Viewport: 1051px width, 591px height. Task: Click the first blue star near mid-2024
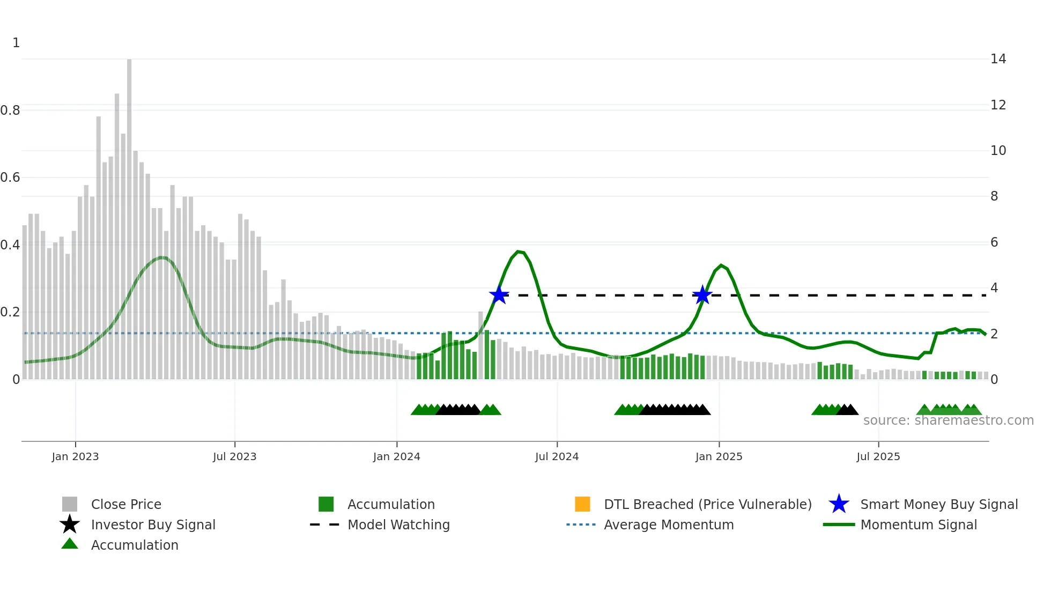tap(499, 295)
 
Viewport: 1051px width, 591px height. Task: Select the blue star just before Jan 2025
tap(702, 294)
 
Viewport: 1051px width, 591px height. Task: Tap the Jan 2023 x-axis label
tap(75, 456)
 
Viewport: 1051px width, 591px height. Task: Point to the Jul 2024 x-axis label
tap(557, 456)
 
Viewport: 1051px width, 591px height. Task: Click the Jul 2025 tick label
tap(878, 456)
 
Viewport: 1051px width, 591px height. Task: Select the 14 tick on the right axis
tap(998, 59)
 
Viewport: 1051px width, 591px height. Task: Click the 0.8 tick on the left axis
tap(10, 110)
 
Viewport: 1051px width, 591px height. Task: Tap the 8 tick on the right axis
tap(994, 196)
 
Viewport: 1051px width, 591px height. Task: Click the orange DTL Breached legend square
tap(582, 504)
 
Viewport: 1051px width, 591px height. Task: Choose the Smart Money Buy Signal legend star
tap(839, 504)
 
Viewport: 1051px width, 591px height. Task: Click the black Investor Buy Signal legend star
tap(70, 524)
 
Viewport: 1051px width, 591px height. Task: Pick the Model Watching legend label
tap(398, 524)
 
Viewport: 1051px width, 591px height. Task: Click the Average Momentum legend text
tap(669, 524)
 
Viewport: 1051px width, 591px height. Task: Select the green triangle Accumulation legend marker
tap(70, 544)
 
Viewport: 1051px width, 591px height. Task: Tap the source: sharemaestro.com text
tap(948, 420)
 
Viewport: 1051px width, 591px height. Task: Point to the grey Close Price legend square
tap(70, 504)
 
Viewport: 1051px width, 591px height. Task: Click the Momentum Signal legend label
tap(919, 524)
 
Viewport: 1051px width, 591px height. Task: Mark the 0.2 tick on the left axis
tap(10, 312)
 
